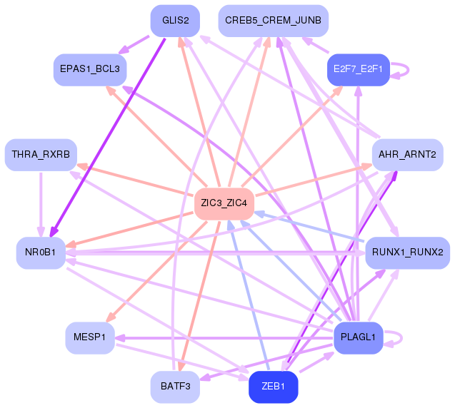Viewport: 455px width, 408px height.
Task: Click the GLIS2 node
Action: (175, 21)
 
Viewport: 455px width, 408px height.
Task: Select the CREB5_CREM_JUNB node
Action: (273, 21)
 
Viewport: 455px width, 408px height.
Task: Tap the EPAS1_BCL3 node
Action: (90, 70)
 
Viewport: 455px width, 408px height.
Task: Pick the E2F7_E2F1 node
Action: (359, 70)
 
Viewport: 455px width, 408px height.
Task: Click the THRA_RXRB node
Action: (41, 155)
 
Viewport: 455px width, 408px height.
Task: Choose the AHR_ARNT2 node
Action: (407, 155)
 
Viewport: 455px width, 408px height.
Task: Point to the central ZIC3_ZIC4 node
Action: (224, 204)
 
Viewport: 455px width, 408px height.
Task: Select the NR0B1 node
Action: (41, 253)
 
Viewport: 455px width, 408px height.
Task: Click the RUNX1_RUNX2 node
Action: (407, 253)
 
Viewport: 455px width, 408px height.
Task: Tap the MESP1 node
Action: (90, 337)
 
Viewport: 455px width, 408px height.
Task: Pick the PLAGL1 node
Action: (359, 337)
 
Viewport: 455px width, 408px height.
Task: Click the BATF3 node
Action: (175, 387)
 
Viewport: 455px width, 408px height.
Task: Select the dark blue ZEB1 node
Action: (273, 387)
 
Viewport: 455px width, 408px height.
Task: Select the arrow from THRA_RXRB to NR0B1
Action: (41, 204)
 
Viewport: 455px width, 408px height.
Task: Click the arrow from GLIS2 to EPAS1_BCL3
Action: (134, 45)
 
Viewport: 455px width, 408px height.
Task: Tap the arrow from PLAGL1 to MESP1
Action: (224, 338)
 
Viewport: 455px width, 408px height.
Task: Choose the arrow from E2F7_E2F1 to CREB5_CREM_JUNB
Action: (316, 45)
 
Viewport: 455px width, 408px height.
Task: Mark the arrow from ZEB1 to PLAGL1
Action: (316, 362)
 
